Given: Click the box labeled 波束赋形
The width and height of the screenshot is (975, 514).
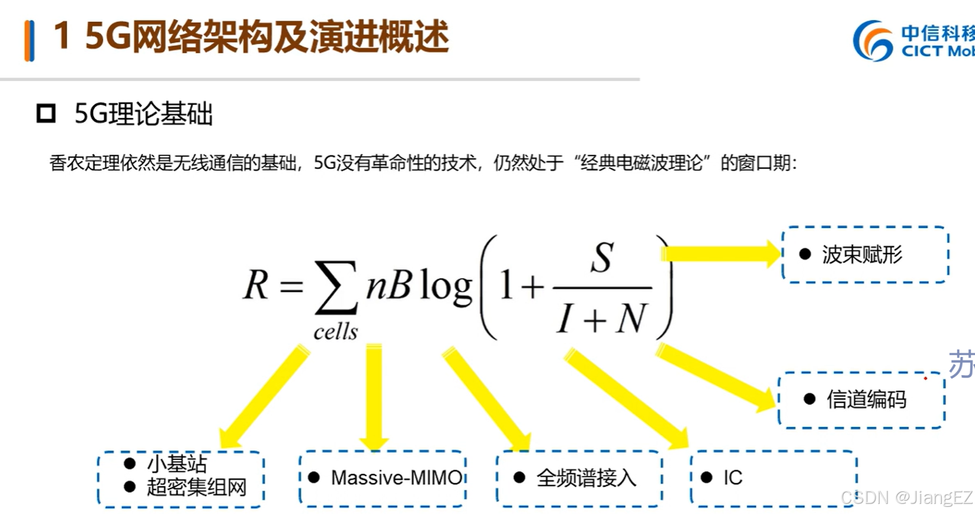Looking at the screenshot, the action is tap(864, 255).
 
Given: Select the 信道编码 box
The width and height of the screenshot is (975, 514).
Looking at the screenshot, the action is tap(861, 400).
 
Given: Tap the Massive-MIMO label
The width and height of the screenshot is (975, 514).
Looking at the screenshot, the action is tap(396, 477).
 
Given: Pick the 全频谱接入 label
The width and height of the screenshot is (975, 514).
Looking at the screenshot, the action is tap(585, 477).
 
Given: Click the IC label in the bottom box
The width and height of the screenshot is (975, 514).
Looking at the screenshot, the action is tap(733, 477).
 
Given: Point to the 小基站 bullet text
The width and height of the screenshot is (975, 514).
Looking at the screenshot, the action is tap(177, 463).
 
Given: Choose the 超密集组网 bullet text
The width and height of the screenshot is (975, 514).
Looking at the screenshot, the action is tap(196, 487).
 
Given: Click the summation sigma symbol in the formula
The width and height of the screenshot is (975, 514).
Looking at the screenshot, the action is tap(336, 288).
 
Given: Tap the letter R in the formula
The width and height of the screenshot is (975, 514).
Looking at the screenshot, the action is tap(256, 285).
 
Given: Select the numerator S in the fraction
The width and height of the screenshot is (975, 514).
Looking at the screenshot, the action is tap(602, 258).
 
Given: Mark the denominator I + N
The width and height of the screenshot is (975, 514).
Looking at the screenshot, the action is tap(601, 320).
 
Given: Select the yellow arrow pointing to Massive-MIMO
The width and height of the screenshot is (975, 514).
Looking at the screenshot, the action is tap(374, 397).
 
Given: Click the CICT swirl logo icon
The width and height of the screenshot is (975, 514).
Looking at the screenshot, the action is tap(873, 40).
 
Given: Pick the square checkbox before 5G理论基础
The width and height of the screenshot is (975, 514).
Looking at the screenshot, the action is tap(46, 113).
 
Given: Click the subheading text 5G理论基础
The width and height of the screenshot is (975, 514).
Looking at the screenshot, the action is tap(143, 113).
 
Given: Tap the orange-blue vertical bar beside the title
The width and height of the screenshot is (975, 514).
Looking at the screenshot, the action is tap(29, 40).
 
